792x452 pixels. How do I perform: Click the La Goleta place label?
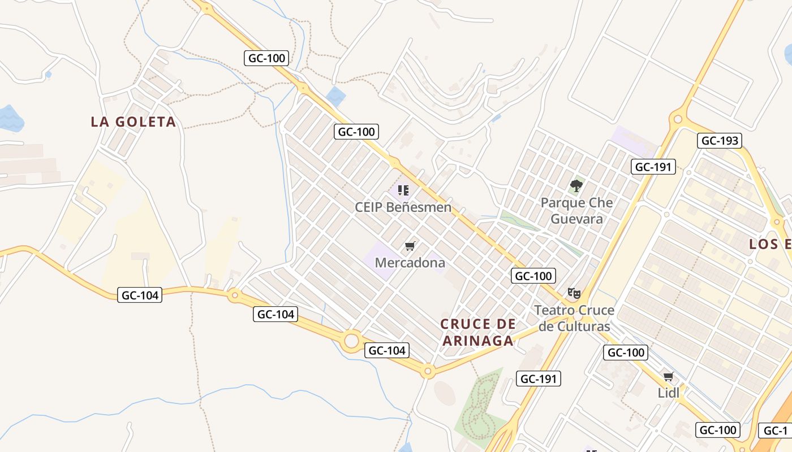point(134,121)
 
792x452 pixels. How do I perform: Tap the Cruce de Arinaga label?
point(478,332)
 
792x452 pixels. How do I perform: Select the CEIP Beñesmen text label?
point(403,207)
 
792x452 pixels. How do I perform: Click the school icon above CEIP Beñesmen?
point(403,190)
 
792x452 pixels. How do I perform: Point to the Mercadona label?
point(410,263)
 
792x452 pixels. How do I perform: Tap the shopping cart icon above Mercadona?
point(410,246)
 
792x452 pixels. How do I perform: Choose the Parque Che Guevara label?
point(576,210)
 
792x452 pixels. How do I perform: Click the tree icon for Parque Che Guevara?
point(576,185)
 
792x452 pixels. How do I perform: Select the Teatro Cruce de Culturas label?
point(574,318)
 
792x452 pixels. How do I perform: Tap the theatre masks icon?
point(574,293)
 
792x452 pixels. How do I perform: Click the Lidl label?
point(668,393)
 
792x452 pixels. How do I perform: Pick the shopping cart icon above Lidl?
point(668,376)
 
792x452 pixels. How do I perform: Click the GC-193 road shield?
point(720,141)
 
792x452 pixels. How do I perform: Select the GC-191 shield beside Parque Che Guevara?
point(653,166)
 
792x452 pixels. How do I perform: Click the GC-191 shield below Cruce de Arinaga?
point(538,379)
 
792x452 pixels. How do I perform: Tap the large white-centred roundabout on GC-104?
point(352,341)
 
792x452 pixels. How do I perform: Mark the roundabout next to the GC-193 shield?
point(678,119)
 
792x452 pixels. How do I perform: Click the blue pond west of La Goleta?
point(10,118)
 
